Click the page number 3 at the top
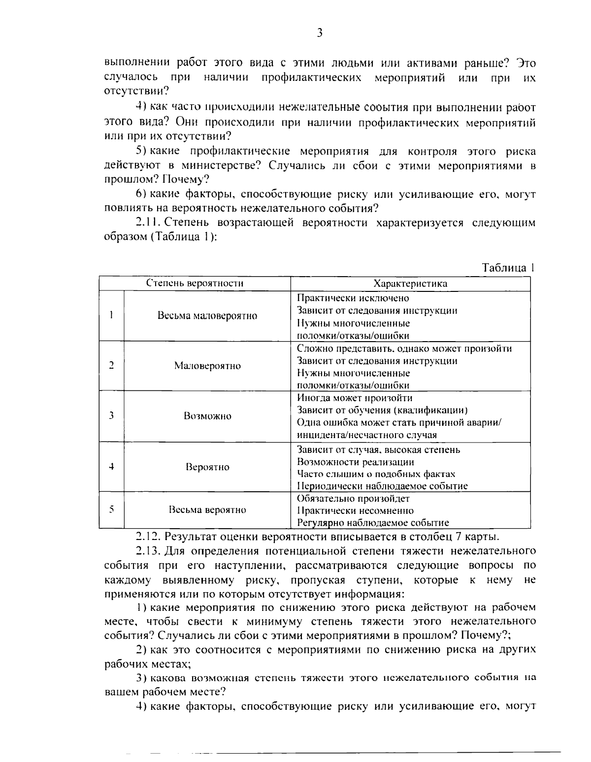click(319, 33)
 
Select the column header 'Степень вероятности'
click(195, 284)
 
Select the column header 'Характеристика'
click(410, 284)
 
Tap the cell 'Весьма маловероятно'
click(207, 316)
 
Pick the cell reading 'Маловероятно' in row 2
click(207, 366)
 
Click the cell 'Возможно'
click(207, 416)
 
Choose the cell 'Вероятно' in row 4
click(207, 467)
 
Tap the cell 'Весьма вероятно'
click(207, 510)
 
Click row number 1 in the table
click(112, 316)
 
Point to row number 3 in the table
click(112, 415)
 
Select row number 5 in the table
click(112, 509)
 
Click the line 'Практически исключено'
click(353, 298)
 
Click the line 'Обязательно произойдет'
click(354, 498)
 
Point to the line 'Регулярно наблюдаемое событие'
click(373, 523)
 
